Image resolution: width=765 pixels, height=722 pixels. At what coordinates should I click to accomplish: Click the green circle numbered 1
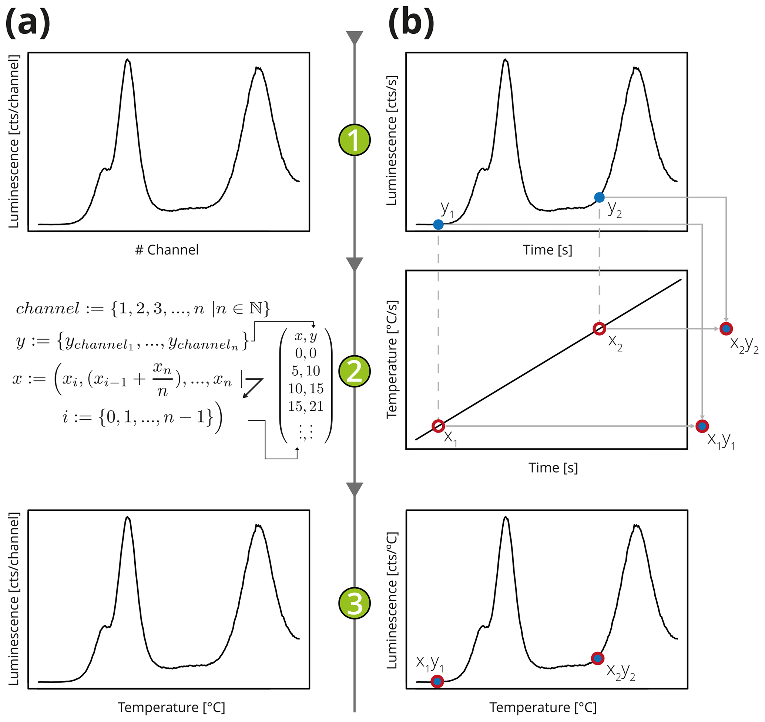pos(355,140)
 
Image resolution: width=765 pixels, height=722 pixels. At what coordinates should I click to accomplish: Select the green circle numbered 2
pos(355,371)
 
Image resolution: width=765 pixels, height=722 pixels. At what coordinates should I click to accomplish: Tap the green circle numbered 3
pos(355,603)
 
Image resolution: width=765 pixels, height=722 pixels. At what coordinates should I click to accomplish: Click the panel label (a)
pos(28,23)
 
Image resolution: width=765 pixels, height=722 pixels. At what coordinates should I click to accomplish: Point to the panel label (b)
pos(411,23)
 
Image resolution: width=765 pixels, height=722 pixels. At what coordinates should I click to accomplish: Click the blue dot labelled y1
pos(438,225)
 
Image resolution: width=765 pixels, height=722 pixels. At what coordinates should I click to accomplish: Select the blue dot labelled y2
pos(599,198)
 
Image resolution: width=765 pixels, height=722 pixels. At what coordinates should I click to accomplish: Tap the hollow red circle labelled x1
pos(438,426)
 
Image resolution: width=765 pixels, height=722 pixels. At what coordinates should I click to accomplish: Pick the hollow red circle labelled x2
pos(599,329)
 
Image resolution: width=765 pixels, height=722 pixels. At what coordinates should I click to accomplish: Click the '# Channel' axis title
pos(167,250)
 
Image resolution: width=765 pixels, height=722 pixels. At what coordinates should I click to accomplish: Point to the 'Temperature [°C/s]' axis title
pos(392,359)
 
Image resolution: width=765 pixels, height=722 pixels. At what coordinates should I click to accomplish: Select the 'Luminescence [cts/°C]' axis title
pos(392,600)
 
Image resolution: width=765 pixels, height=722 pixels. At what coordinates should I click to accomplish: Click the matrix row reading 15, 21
pos(306,406)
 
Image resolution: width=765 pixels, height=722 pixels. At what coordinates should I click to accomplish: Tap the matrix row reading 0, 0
pos(306,353)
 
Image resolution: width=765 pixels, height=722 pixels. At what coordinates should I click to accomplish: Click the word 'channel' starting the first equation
pos(48,309)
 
